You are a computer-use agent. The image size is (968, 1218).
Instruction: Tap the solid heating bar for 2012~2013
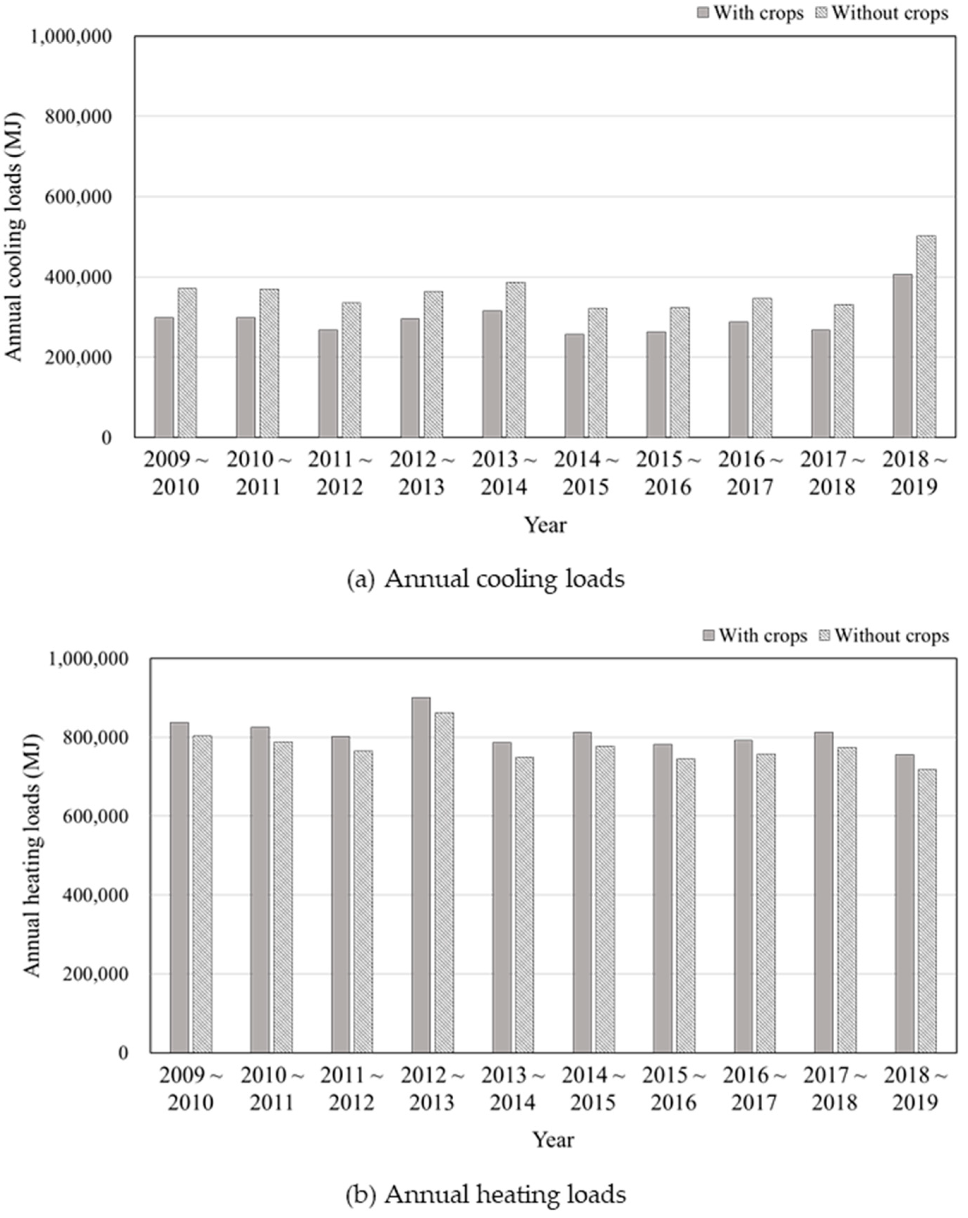(x=421, y=876)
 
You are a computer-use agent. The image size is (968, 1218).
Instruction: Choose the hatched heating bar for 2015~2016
(x=686, y=906)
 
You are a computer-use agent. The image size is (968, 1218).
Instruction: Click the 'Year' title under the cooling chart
(x=545, y=525)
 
